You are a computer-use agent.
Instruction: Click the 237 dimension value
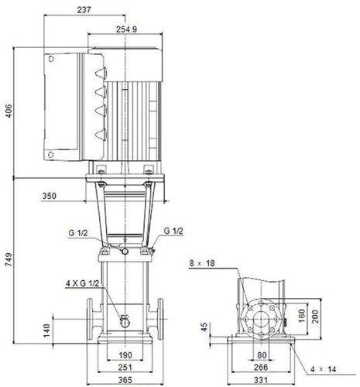pos(84,10)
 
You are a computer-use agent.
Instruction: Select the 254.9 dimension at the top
pos(126,29)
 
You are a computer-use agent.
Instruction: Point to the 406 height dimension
pos(9,111)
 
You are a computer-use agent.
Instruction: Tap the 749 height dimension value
pos(9,260)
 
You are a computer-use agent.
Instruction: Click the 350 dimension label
pos(49,196)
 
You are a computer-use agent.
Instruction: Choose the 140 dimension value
pos(46,330)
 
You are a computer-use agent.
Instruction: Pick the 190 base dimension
pos(125,355)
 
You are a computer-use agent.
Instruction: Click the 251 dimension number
pos(125,367)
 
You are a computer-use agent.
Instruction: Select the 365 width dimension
pos(125,380)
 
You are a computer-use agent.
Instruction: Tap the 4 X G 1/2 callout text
pos(82,283)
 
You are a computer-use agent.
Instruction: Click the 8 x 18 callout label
pos(202,263)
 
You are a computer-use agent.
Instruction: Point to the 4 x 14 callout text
pos(323,369)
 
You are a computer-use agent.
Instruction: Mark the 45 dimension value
pos(204,327)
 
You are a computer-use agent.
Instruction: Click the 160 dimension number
pos(301,316)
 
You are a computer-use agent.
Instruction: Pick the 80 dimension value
pos(262,355)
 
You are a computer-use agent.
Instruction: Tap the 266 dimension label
pos(261,367)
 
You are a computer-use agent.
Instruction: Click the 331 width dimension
pos(261,380)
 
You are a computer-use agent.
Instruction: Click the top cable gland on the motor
pos(101,73)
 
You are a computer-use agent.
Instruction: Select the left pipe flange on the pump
pos(90,319)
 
